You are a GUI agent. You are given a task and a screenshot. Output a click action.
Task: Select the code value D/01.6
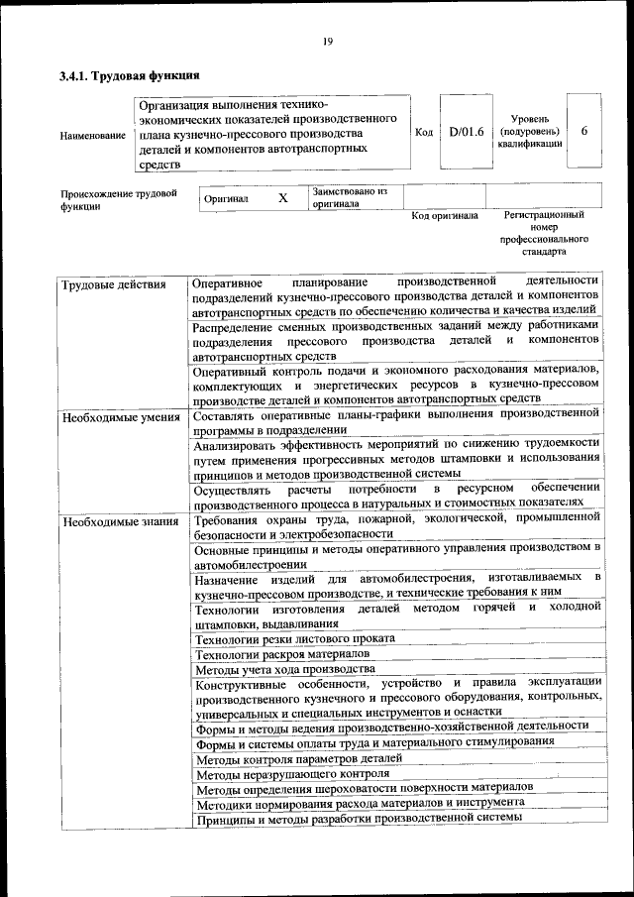465,132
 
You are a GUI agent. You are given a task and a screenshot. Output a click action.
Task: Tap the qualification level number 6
584,131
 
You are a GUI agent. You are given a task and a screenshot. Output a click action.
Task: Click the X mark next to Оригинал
282,198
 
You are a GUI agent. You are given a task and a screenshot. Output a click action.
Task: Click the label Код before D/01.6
424,132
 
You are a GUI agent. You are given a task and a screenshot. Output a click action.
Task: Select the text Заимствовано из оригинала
350,196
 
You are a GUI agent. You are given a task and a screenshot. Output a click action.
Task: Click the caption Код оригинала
445,215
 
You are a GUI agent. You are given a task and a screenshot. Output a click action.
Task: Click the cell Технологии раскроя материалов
282,655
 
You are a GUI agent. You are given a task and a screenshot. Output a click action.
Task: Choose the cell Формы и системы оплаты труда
374,742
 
